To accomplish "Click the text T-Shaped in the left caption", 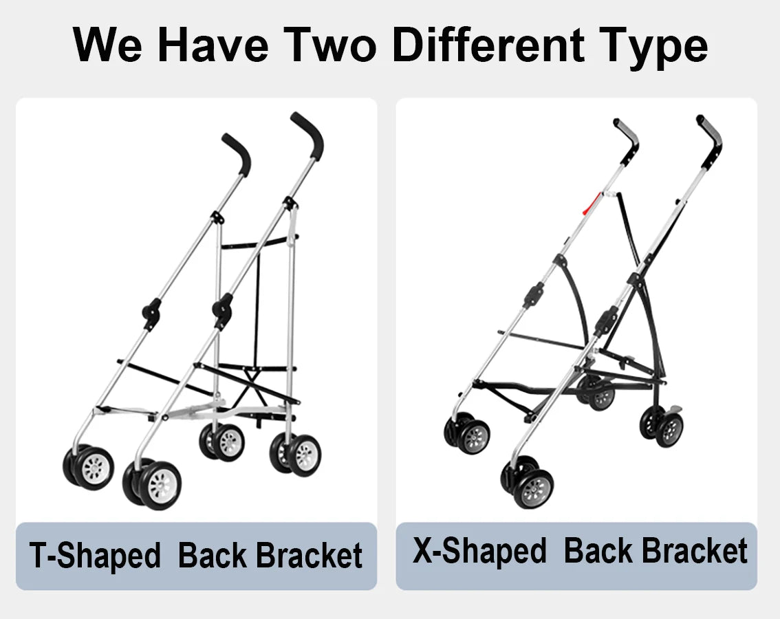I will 95,556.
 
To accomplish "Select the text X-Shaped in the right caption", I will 479,552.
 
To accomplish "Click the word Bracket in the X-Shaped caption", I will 695,552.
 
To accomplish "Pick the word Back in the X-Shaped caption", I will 596,552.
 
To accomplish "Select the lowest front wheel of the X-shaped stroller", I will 533,488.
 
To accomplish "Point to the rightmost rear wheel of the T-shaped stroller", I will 304,455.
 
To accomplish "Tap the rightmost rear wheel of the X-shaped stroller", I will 669,429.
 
